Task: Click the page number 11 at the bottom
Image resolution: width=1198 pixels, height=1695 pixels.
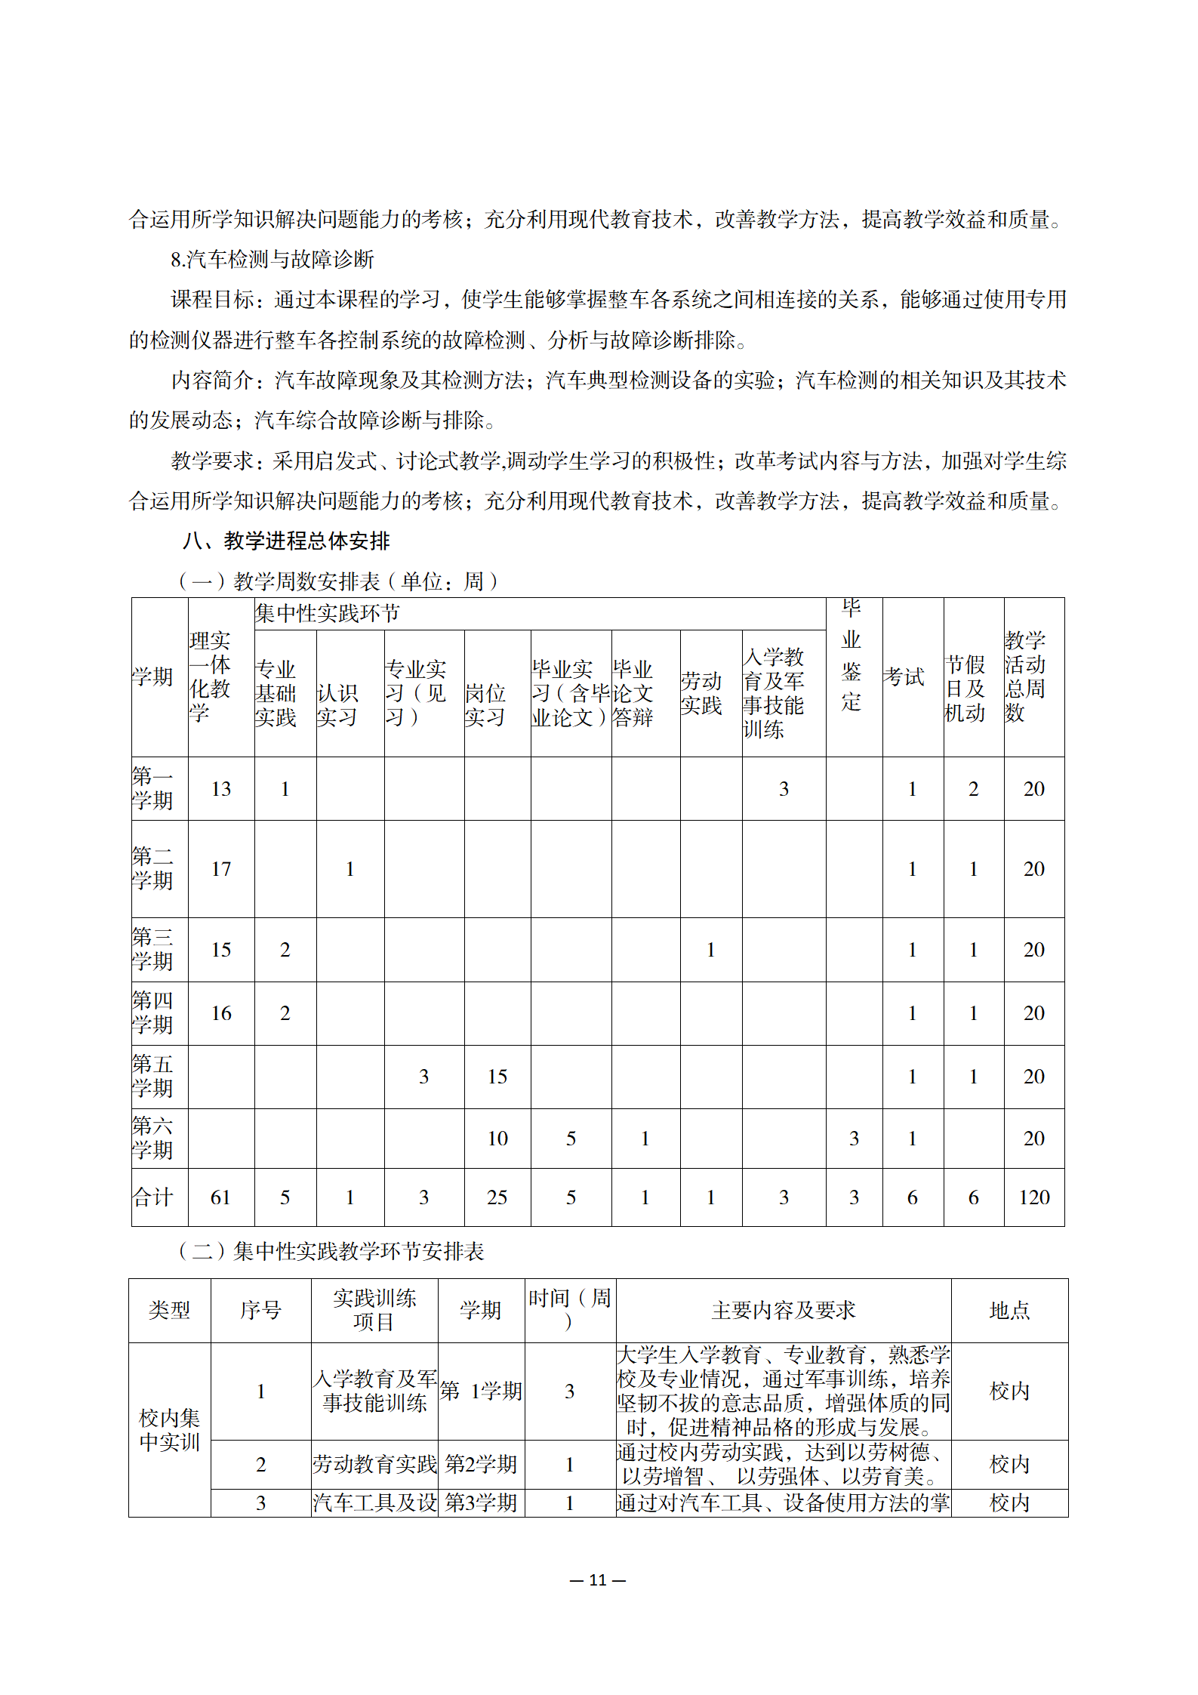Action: point(598,1579)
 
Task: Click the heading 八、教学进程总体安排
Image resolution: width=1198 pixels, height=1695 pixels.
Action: point(286,541)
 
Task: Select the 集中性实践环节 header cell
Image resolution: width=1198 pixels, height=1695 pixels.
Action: point(328,613)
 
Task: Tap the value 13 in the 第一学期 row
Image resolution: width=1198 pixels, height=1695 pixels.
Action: point(220,789)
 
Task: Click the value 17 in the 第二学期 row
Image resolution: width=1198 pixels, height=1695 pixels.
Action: point(220,869)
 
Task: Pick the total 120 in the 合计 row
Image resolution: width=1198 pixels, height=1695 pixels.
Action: point(1033,1197)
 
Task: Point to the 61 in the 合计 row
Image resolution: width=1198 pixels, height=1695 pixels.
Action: point(220,1197)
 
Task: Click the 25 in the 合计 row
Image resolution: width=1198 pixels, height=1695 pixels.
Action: point(497,1197)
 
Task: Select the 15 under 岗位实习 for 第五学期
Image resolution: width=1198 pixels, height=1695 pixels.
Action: point(497,1077)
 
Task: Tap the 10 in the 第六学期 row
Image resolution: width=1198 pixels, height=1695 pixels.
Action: point(497,1139)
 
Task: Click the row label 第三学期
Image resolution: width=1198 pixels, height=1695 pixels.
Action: point(152,949)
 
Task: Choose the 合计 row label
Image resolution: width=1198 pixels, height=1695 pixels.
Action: point(152,1197)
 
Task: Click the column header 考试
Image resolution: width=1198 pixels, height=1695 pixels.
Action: point(904,676)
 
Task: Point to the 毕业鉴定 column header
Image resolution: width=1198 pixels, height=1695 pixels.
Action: point(852,655)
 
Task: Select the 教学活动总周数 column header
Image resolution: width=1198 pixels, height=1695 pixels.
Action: point(1024,676)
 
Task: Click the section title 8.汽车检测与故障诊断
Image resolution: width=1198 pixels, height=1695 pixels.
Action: point(273,260)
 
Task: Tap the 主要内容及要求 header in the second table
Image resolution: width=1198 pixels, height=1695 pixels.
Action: point(783,1310)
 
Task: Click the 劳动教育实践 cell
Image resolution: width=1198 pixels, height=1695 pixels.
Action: point(374,1464)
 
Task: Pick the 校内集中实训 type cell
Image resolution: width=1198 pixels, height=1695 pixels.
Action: point(169,1429)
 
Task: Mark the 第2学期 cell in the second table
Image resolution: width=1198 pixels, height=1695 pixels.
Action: point(481,1464)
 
